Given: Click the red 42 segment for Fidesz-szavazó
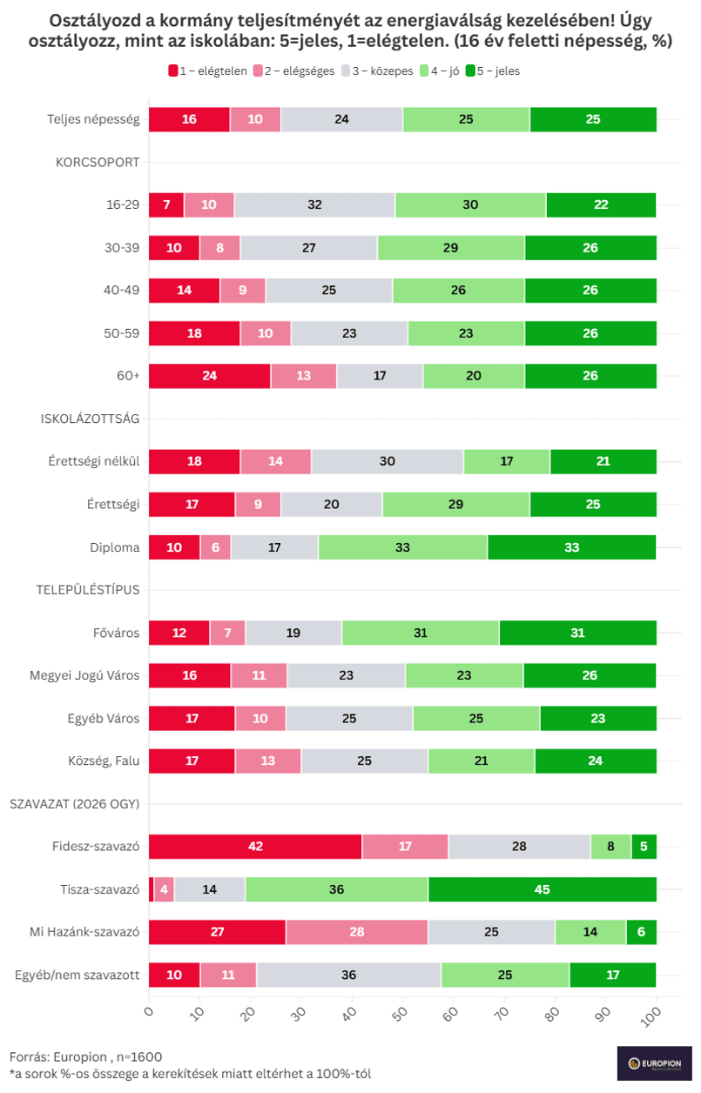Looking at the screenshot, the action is pos(255,846).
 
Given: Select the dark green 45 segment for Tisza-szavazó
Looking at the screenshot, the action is pos(543,889).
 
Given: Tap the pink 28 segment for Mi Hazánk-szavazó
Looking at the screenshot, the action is pos(357,931).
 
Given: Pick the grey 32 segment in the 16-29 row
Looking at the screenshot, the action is pos(314,205).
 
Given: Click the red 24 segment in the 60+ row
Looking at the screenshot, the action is pos(209,376).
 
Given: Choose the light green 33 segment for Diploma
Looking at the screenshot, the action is pos(402,547).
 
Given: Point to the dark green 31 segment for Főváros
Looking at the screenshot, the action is pos(578,633).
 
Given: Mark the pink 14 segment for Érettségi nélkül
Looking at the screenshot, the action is pos(276,461).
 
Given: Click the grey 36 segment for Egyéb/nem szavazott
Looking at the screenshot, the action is pos(349,975).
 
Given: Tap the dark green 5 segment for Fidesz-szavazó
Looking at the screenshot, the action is pos(644,846).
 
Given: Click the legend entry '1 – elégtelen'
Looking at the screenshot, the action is pos(208,70).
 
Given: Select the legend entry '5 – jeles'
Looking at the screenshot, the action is pos(493,70).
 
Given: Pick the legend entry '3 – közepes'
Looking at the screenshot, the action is pos(377,70).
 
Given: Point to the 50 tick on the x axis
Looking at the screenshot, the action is pos(401,1014).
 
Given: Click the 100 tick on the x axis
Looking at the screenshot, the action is pos(652,1016).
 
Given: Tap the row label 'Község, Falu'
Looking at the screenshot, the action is pos(104,761).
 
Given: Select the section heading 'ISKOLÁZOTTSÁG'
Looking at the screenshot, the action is pos(90,419).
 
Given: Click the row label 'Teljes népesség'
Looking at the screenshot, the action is pos(93,119).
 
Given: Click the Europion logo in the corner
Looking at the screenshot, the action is pos(654,1063).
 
